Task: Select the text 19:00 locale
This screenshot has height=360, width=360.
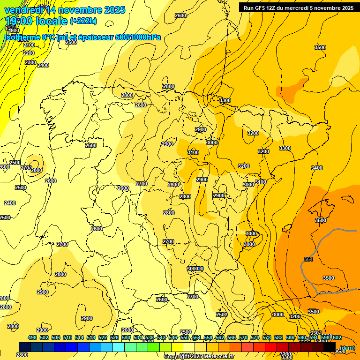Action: (x=35, y=21)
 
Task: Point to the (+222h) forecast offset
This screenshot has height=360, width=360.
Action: (x=83, y=21)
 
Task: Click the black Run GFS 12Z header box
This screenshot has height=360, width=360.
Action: (x=298, y=7)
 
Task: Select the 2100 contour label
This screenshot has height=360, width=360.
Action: (x=29, y=45)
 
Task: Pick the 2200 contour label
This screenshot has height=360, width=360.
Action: (x=29, y=53)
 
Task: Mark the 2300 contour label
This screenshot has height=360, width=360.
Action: (x=30, y=62)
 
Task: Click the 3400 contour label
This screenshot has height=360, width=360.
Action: (x=317, y=168)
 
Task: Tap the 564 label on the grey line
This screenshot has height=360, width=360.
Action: (x=308, y=259)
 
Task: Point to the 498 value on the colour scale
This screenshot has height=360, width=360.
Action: (x=32, y=338)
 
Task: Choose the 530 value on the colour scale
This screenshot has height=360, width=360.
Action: (x=126, y=338)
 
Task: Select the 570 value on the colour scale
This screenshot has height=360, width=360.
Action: (x=243, y=338)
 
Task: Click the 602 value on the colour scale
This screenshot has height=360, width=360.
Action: (x=337, y=338)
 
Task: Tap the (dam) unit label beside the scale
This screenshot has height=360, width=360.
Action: (x=347, y=348)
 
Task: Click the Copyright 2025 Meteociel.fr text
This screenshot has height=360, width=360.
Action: (x=199, y=357)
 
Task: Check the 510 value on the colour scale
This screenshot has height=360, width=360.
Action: (x=67, y=338)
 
